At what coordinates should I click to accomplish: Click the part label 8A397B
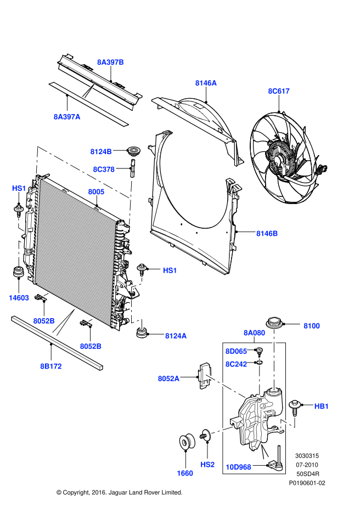pyautogui.click(x=111, y=63)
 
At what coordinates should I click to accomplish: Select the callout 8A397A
pyautogui.click(x=67, y=116)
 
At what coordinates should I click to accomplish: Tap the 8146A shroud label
pyautogui.click(x=206, y=83)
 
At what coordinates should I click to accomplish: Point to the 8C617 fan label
pyautogui.click(x=279, y=91)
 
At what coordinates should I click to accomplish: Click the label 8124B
pyautogui.click(x=101, y=151)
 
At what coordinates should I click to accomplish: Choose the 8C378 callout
pyautogui.click(x=103, y=169)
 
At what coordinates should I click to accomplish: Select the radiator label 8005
pyautogui.click(x=96, y=192)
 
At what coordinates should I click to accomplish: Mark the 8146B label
pyautogui.click(x=267, y=234)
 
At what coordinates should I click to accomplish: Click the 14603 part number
pyautogui.click(x=19, y=298)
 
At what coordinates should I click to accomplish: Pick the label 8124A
pyautogui.click(x=176, y=336)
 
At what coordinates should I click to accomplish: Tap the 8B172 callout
pyautogui.click(x=50, y=366)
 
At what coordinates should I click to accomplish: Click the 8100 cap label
pyautogui.click(x=312, y=326)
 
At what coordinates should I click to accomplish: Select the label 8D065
pyautogui.click(x=236, y=351)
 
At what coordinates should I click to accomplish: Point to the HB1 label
pyautogui.click(x=322, y=406)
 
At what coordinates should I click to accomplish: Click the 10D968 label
pyautogui.click(x=238, y=467)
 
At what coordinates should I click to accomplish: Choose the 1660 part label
pyautogui.click(x=185, y=472)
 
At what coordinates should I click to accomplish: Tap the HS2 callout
pyautogui.click(x=207, y=465)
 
